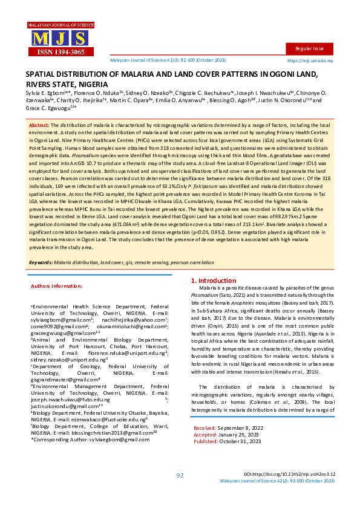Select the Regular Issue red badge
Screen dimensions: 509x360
pyautogui.click(x=309, y=48)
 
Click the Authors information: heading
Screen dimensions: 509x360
pyautogui.click(x=56, y=285)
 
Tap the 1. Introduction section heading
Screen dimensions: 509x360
pyautogui.click(x=213, y=281)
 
